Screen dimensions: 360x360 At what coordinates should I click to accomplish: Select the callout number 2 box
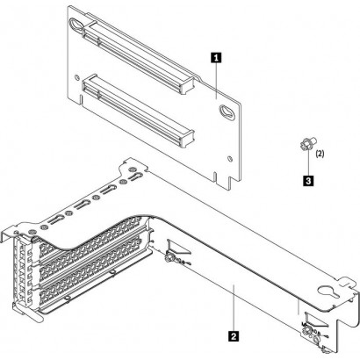(232, 335)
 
